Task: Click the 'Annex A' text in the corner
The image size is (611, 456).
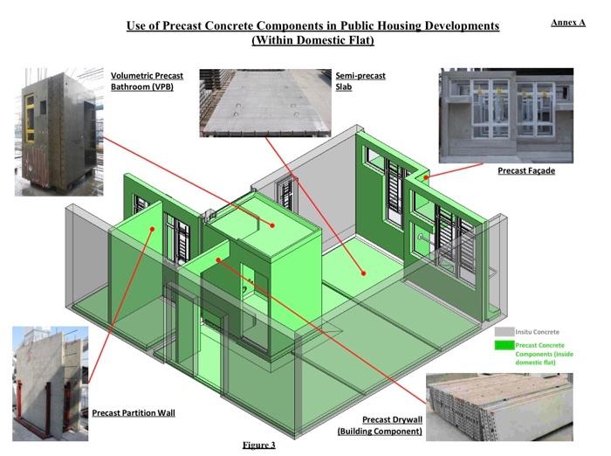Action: [x=567, y=22]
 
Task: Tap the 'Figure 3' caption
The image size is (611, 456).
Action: [x=258, y=446]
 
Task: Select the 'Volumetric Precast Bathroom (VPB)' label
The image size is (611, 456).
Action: [x=147, y=82]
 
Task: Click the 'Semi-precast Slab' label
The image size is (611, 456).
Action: [x=354, y=82]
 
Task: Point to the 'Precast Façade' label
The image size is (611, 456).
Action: [x=526, y=170]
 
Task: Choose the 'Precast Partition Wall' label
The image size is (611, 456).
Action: [x=134, y=412]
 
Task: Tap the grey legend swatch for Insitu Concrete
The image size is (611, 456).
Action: [x=503, y=332]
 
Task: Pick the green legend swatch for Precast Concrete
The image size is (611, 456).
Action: [x=503, y=347]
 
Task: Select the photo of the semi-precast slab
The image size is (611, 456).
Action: [x=261, y=102]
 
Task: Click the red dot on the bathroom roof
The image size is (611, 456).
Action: [x=272, y=225]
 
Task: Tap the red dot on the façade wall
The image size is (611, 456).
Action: [x=426, y=177]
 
